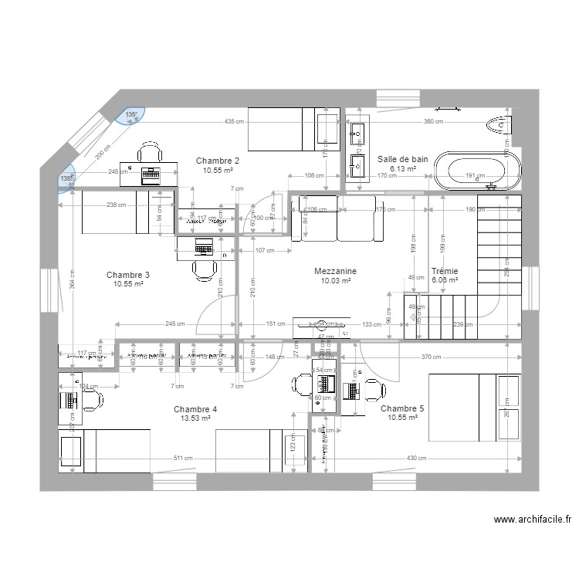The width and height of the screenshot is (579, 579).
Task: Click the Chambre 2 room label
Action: (x=217, y=161)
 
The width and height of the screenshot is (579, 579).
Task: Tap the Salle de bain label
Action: (x=402, y=159)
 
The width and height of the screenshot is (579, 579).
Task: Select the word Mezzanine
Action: (x=335, y=272)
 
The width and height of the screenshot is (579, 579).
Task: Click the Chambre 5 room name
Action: (x=402, y=408)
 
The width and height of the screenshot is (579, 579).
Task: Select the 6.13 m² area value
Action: (x=402, y=169)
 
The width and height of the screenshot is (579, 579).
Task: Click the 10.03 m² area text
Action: (x=335, y=281)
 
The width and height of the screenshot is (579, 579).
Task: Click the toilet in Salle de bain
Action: (x=500, y=124)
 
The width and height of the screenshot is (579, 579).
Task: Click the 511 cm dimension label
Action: (x=183, y=459)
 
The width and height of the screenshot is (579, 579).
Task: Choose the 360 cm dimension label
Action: (x=433, y=122)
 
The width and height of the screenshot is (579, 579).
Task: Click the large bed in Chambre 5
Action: (x=463, y=407)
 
